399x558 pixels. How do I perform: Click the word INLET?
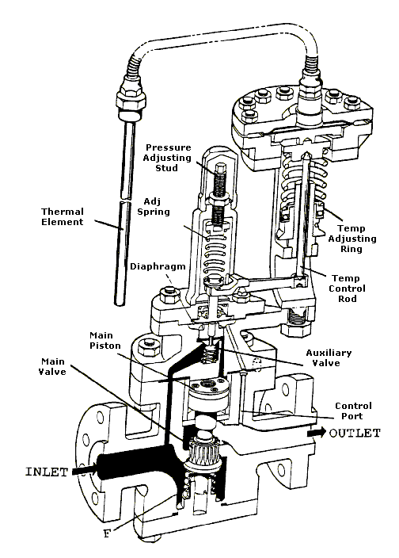(47, 472)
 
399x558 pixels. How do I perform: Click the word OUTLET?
(355, 433)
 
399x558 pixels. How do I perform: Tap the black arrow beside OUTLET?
(317, 433)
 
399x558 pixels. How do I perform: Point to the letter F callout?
(107, 533)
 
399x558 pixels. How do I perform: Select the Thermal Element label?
(63, 216)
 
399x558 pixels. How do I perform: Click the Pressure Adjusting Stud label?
(167, 158)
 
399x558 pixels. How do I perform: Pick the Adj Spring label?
(154, 206)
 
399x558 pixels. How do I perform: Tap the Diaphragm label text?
(158, 266)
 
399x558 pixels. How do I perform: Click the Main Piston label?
(105, 340)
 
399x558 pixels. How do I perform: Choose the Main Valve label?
(52, 366)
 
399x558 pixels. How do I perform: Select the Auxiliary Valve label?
(329, 357)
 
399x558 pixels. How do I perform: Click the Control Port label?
(353, 411)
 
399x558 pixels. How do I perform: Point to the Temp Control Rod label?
(347, 289)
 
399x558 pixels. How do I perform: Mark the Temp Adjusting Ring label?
(351, 239)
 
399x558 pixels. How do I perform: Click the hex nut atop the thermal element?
(130, 96)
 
